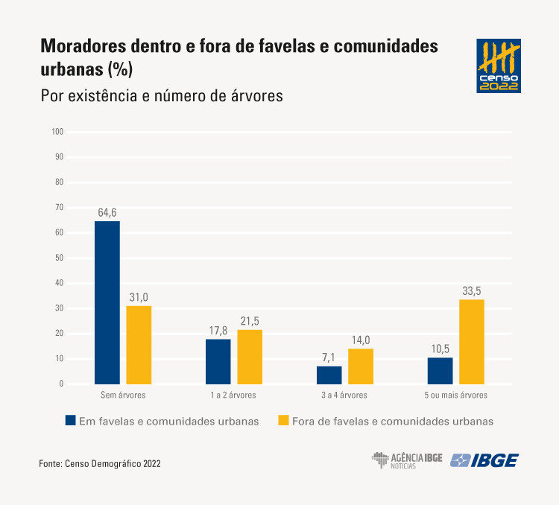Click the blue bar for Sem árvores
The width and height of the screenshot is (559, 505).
click(107, 302)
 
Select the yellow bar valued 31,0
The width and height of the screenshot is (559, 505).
click(139, 345)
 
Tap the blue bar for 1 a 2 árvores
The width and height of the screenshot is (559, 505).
click(218, 361)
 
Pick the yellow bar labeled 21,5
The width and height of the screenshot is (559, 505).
click(250, 357)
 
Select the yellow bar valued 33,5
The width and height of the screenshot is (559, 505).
click(472, 341)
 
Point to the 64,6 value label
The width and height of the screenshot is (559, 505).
click(107, 212)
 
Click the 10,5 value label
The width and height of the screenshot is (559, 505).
click(440, 349)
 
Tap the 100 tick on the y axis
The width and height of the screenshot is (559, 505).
click(57, 132)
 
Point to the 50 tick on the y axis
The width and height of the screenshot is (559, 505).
click(59, 258)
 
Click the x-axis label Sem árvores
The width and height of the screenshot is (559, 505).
click(123, 395)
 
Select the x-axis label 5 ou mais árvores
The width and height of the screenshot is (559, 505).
click(455, 395)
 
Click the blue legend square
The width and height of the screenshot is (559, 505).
click(71, 421)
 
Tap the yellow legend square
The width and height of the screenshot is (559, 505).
click(283, 421)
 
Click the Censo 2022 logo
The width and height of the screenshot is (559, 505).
click(499, 66)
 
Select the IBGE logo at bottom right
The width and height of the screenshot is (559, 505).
click(484, 460)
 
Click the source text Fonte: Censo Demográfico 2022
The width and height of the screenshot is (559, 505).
click(99, 463)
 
